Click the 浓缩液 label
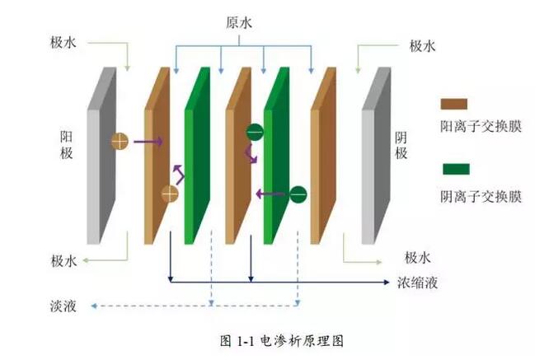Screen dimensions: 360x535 418,283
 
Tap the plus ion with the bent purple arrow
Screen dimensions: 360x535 170,194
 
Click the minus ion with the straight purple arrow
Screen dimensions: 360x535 298,194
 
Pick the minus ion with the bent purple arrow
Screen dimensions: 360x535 255,131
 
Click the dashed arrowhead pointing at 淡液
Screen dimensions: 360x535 93,306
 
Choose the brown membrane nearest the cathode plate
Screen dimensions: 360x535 323,157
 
